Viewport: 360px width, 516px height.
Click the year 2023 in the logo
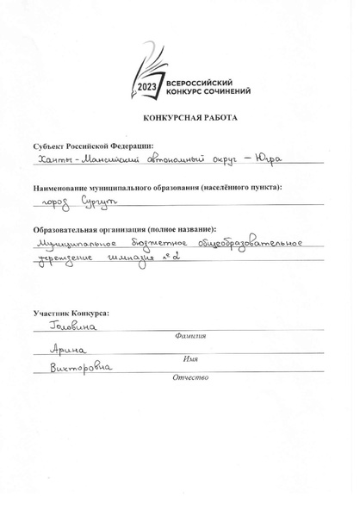[147, 89]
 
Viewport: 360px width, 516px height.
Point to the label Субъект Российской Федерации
[93, 146]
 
